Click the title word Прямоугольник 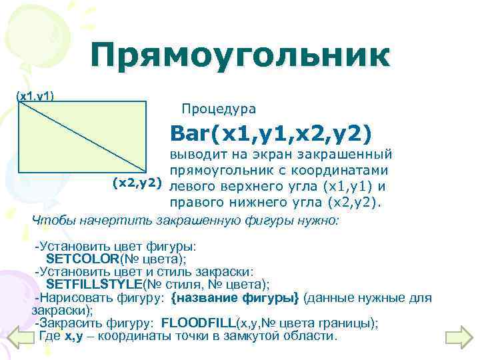click(240, 55)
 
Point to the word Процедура click(218, 109)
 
